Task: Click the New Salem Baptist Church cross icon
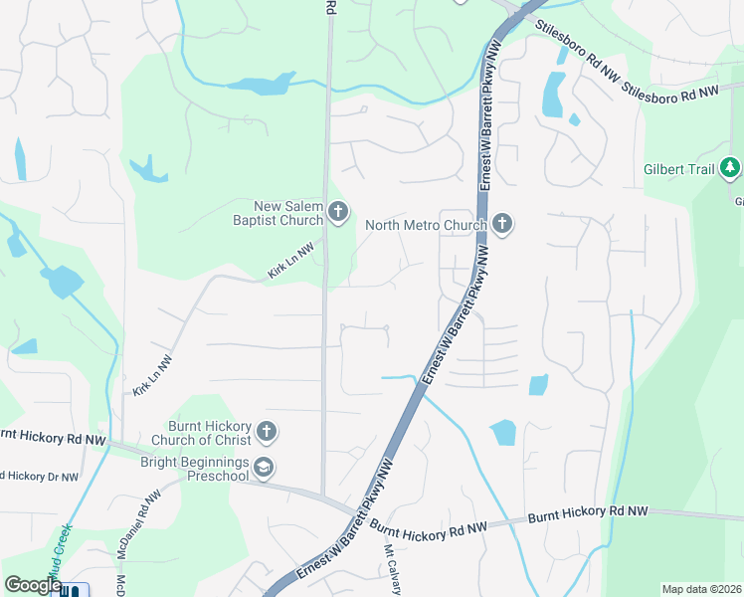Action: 338,210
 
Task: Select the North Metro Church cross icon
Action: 502,224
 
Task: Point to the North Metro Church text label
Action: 425,225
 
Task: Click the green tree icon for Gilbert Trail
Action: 730,168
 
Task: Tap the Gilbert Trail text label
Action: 679,169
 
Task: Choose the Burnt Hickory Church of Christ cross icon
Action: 266,431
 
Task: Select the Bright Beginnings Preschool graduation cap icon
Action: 264,467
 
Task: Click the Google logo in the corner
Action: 33,585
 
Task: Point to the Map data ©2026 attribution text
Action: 700,589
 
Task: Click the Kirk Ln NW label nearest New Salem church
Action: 291,260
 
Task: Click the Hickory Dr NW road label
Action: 40,477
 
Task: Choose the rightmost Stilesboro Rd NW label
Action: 669,92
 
